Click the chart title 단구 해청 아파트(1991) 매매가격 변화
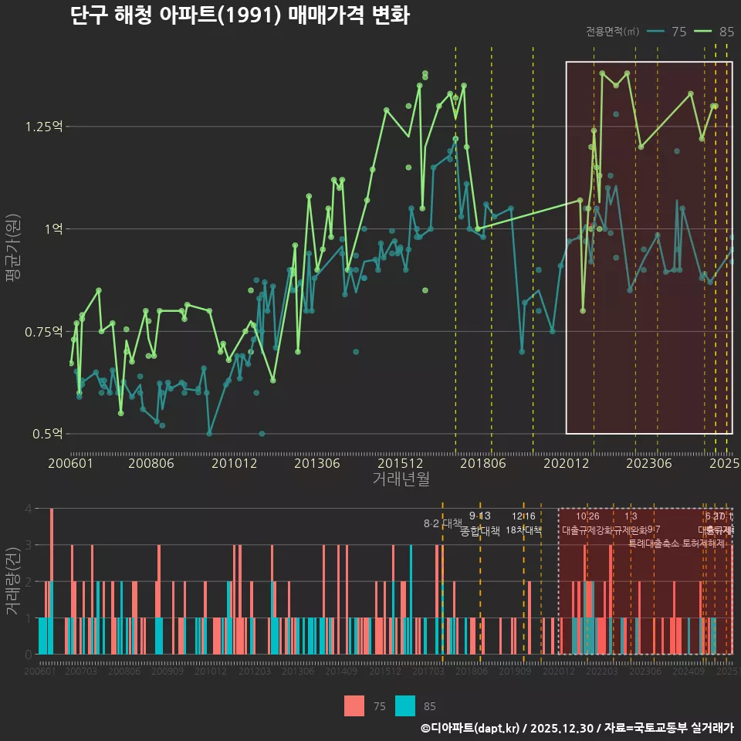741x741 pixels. (239, 15)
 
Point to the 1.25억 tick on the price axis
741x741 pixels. (48, 126)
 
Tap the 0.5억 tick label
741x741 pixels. (48, 434)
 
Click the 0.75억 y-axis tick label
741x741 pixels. (48, 331)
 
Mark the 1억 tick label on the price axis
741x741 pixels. (54, 228)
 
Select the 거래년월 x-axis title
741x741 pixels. (401, 479)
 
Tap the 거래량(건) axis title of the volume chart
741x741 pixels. (12, 580)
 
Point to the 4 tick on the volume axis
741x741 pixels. (29, 509)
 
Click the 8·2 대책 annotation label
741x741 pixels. (442, 523)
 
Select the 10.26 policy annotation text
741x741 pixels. (587, 516)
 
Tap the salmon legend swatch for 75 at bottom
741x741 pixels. (354, 705)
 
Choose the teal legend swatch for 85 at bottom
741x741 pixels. (404, 705)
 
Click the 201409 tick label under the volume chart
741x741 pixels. (340, 672)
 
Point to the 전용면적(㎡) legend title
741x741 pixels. (612, 32)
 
